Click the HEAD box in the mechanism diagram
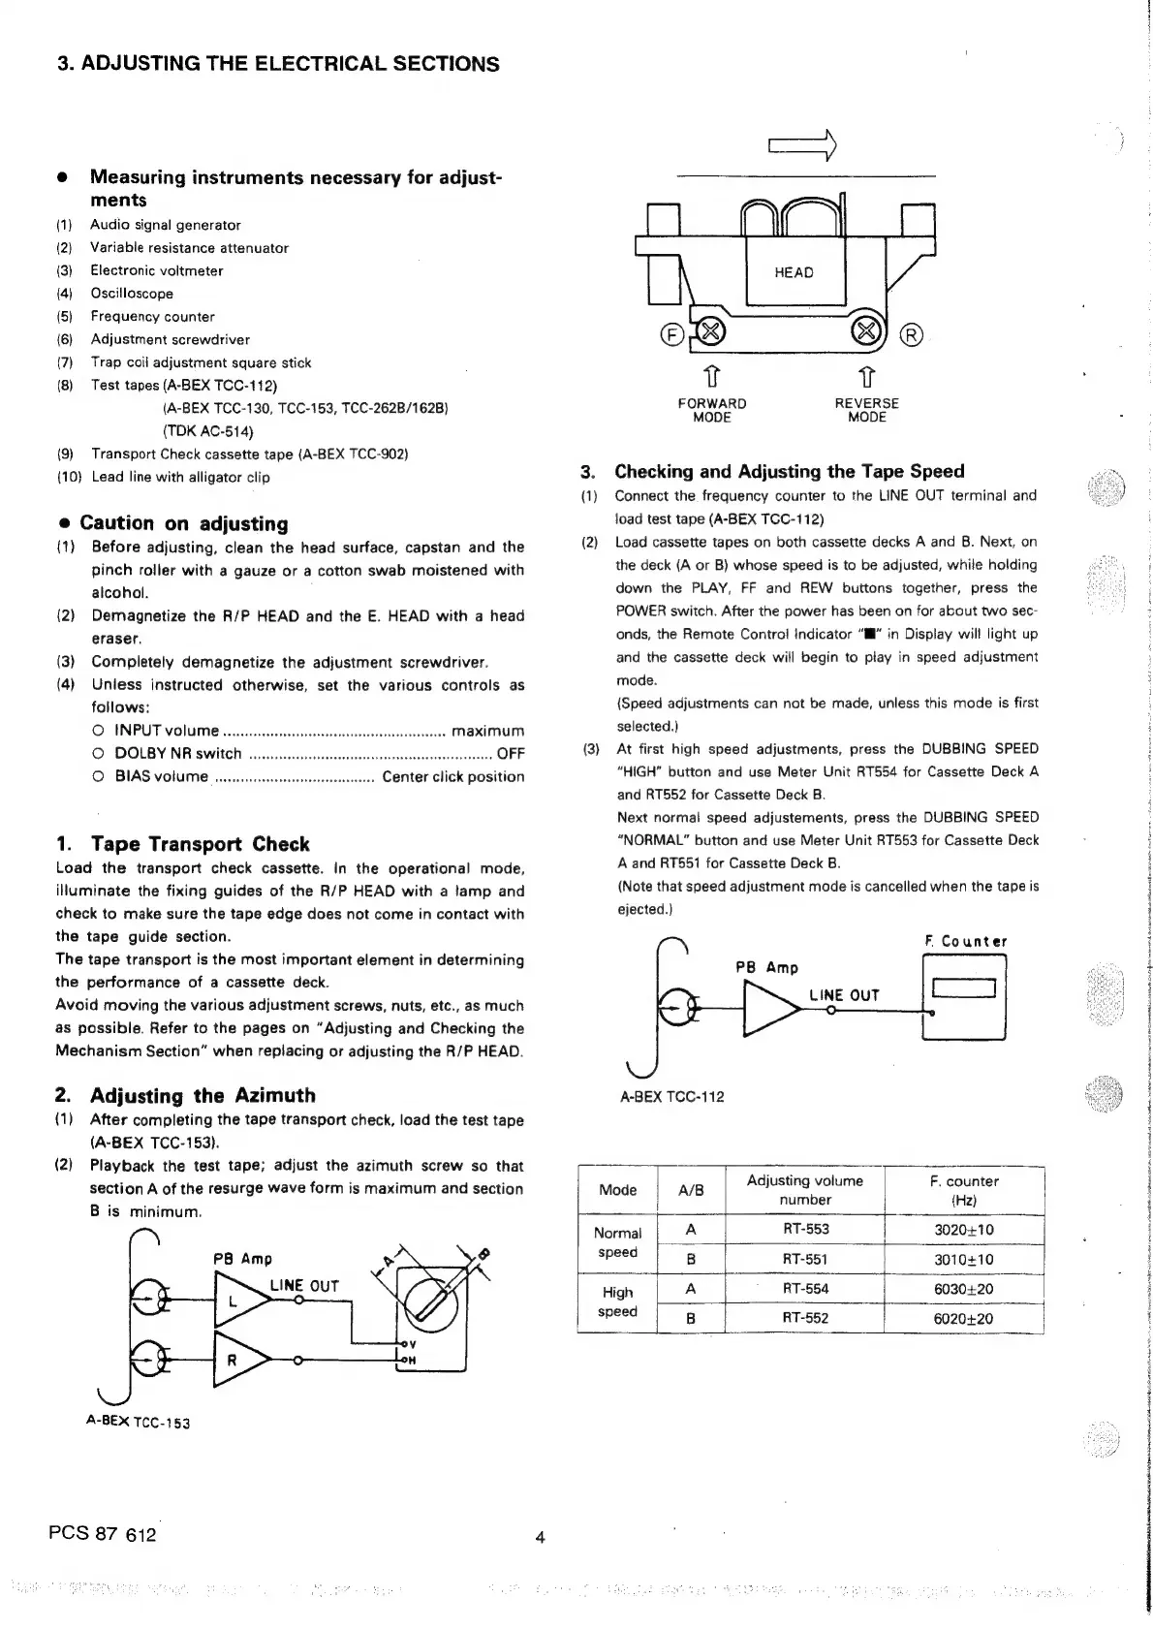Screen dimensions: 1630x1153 coord(795,272)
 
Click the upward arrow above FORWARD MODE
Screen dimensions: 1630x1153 coord(711,374)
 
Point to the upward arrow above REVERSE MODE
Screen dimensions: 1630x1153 coord(867,374)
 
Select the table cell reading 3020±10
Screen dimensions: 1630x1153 coord(963,1230)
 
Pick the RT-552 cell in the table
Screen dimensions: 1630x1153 coord(804,1318)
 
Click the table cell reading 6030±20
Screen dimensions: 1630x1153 coord(963,1289)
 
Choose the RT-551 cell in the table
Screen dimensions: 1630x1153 coord(804,1260)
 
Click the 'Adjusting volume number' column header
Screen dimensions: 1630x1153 coord(804,1190)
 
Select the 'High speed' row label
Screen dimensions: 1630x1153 coord(617,1301)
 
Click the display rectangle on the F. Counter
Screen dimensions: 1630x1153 coord(963,988)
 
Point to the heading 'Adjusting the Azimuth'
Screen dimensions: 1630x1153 coord(203,1096)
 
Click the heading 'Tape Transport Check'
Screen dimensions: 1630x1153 coord(200,844)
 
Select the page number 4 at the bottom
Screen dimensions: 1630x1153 coord(541,1537)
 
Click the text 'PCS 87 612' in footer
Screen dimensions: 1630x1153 coord(102,1534)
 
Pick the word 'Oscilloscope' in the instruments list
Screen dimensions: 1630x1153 coord(132,294)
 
